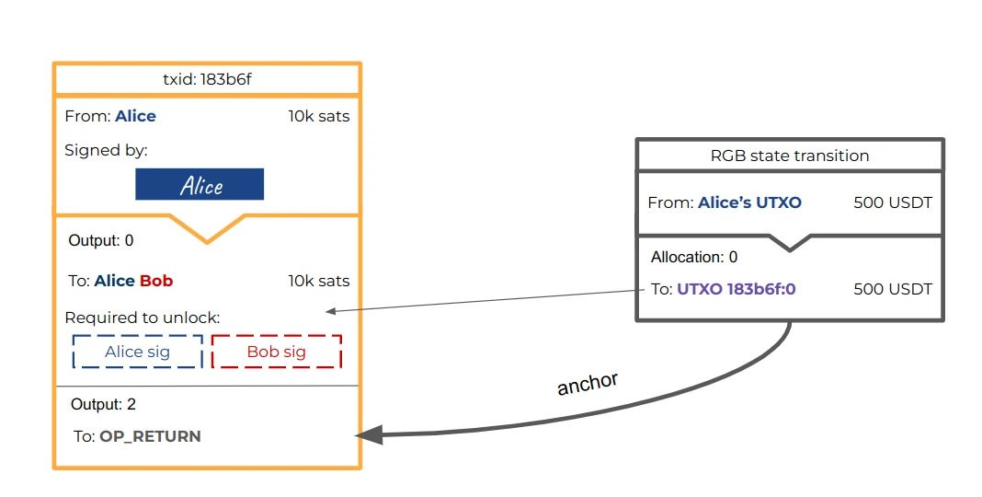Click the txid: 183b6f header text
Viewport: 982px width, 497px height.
(x=207, y=79)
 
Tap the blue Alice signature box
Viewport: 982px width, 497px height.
(x=200, y=184)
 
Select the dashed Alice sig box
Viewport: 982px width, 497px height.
(x=137, y=352)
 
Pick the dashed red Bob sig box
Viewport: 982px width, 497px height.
(x=276, y=352)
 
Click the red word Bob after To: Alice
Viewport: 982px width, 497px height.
(x=156, y=281)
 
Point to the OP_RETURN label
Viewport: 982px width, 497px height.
(x=150, y=436)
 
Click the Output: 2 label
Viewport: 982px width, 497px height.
(x=104, y=404)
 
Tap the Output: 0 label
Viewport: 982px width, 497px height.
(x=101, y=241)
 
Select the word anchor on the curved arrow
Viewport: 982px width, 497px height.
(x=587, y=384)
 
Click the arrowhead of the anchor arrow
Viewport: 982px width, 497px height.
(x=367, y=435)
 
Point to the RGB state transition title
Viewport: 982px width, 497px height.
(x=790, y=156)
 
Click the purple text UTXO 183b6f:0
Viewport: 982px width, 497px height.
(x=736, y=289)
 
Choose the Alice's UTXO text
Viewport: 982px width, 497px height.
(x=749, y=202)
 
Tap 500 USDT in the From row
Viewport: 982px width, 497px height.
(x=893, y=202)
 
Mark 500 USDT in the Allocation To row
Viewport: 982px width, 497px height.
(x=893, y=289)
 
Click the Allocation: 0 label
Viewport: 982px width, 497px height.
(x=694, y=257)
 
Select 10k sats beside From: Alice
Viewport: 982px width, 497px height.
(x=318, y=116)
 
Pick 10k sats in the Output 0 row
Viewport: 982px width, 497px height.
(x=318, y=281)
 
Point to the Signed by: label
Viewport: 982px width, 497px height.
(x=106, y=150)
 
